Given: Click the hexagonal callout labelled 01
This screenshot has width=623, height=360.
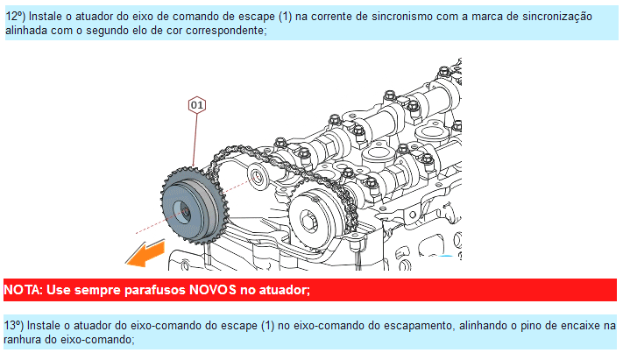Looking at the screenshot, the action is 196,105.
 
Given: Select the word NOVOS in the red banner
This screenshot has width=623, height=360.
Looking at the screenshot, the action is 213,290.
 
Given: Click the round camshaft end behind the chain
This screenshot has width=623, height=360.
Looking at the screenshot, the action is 256,175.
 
